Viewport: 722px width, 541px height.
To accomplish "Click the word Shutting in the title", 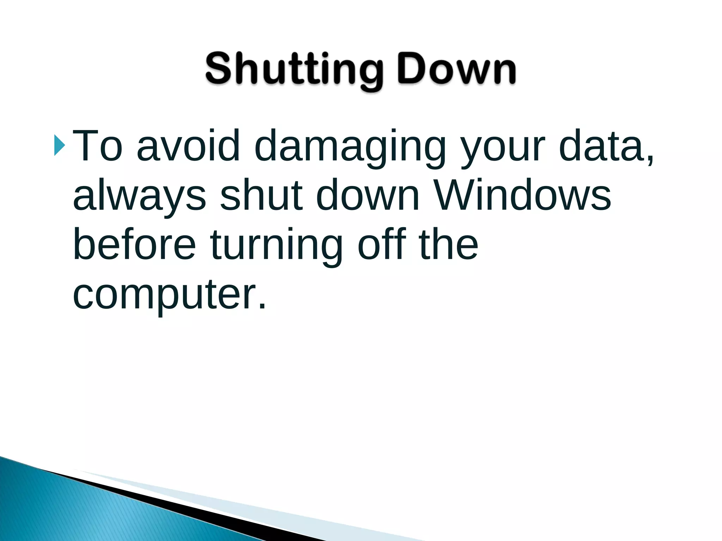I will coord(294,69).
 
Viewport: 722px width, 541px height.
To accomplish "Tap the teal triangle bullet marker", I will coord(60,145).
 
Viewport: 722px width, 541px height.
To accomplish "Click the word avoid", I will coord(188,145).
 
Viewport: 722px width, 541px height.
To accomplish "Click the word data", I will coord(601,145).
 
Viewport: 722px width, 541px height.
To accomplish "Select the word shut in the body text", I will coord(261,194).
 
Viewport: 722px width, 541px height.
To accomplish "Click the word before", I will coord(134,244).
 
